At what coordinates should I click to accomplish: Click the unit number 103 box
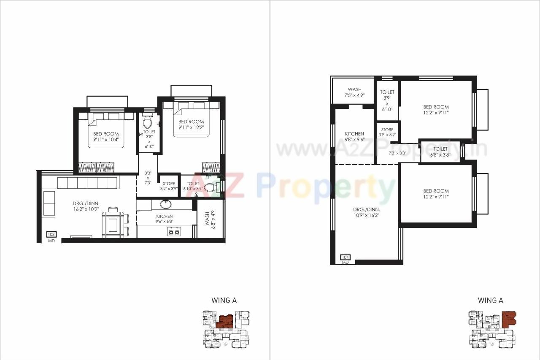[51, 234]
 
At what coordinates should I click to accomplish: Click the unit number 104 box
[346, 257]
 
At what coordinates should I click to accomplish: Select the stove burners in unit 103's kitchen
[174, 231]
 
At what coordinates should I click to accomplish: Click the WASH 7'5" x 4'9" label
[354, 92]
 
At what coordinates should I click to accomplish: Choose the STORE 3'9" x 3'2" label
[387, 132]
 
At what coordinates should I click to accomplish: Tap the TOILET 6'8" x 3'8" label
[440, 152]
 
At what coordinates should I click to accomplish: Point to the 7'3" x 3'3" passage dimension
[397, 153]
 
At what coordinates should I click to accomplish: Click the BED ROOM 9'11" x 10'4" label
[106, 136]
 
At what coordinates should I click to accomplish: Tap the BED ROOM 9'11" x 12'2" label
[191, 125]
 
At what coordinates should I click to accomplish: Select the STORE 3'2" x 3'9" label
[169, 186]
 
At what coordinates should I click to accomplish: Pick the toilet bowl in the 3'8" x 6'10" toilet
[147, 122]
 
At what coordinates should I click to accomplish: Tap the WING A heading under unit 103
[224, 300]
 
